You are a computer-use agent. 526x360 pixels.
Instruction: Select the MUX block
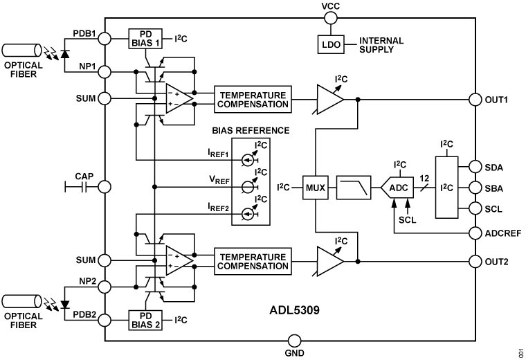click(x=315, y=188)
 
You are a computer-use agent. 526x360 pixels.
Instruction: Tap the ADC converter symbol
click(x=397, y=188)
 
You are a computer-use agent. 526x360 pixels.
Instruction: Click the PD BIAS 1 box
click(x=145, y=38)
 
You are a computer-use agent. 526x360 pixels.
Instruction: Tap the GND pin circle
click(x=294, y=341)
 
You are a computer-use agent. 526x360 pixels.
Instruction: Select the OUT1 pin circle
click(x=475, y=99)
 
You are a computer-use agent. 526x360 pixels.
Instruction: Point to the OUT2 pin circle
click(x=475, y=261)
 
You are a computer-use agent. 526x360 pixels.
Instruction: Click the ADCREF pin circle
click(x=475, y=233)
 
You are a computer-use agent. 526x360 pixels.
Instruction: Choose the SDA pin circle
click(x=475, y=166)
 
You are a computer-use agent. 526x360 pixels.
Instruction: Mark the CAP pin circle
click(x=105, y=186)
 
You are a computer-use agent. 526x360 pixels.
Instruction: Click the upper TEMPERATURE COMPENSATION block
click(x=253, y=99)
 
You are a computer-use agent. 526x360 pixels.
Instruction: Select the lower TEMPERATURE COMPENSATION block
click(x=253, y=261)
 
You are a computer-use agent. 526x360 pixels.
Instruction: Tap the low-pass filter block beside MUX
click(x=354, y=188)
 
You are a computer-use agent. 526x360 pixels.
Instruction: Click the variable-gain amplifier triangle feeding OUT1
click(x=329, y=99)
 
